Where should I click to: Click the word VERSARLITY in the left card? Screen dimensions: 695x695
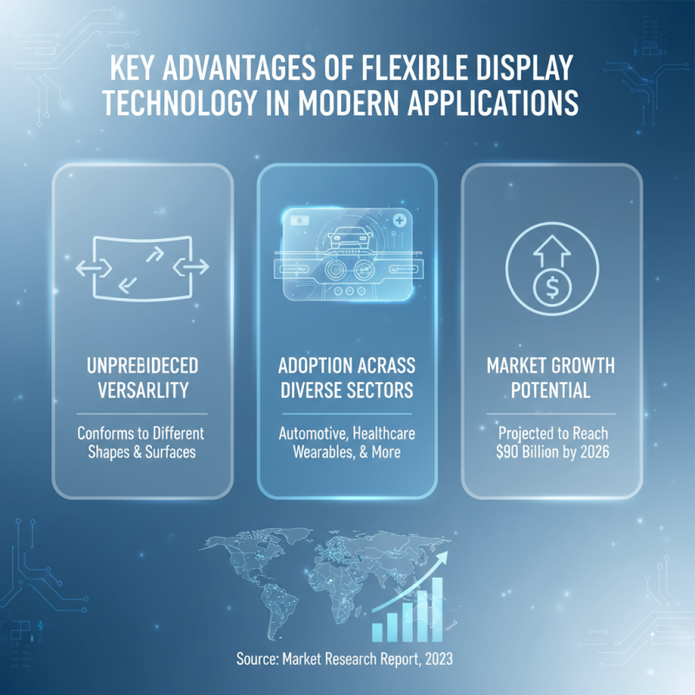[142, 391]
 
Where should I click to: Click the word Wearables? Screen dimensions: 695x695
[308, 452]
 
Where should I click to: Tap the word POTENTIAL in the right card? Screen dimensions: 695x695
[551, 391]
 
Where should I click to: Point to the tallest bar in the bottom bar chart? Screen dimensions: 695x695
[437, 608]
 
